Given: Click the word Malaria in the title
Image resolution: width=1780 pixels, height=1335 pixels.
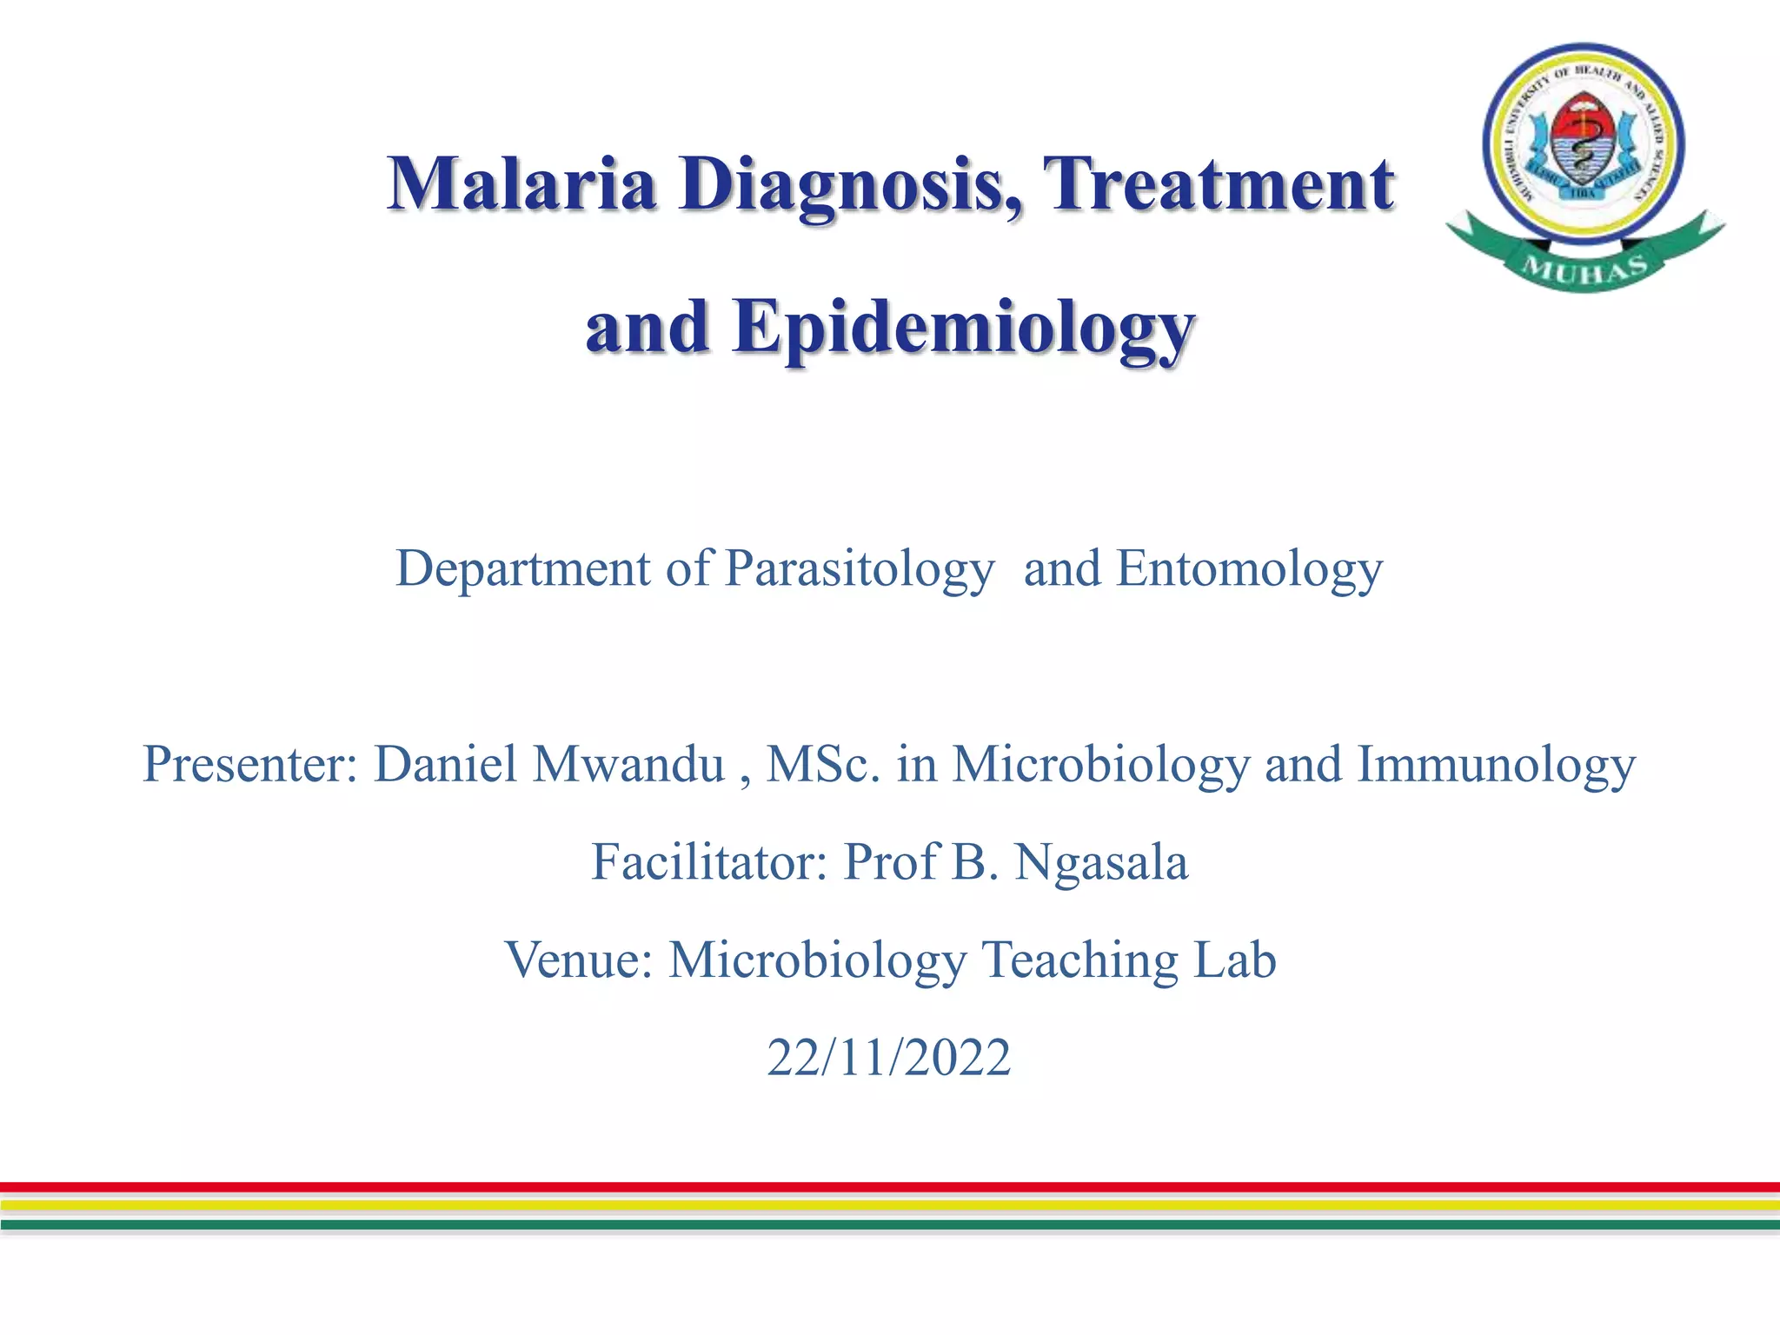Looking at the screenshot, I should [x=521, y=184].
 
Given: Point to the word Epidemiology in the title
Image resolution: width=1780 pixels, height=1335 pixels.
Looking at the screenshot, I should [x=963, y=329].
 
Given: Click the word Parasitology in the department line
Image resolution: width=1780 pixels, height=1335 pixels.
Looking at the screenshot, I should [x=859, y=570].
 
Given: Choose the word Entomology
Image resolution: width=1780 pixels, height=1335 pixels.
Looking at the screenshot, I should [x=1248, y=570].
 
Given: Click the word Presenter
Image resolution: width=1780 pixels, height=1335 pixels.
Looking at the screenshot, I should [x=250, y=765].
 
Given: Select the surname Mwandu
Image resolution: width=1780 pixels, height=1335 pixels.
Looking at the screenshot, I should [x=628, y=765].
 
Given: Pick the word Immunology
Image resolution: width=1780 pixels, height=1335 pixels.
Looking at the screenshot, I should [x=1496, y=765].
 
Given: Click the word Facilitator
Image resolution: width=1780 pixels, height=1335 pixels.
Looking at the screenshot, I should [x=709, y=862].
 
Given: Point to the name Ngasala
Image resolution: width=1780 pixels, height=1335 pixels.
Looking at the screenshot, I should [x=1100, y=862].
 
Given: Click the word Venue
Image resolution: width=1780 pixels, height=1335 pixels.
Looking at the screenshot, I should [x=579, y=960].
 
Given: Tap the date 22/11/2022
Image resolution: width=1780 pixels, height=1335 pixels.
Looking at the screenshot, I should [x=888, y=1058].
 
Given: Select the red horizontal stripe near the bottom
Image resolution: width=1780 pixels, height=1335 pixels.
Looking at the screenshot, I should [x=890, y=1186].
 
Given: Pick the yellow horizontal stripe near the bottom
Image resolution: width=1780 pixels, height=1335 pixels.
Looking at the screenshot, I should [x=890, y=1205].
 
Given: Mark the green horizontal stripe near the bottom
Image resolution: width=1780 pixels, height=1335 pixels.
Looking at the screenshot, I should [x=890, y=1225].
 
